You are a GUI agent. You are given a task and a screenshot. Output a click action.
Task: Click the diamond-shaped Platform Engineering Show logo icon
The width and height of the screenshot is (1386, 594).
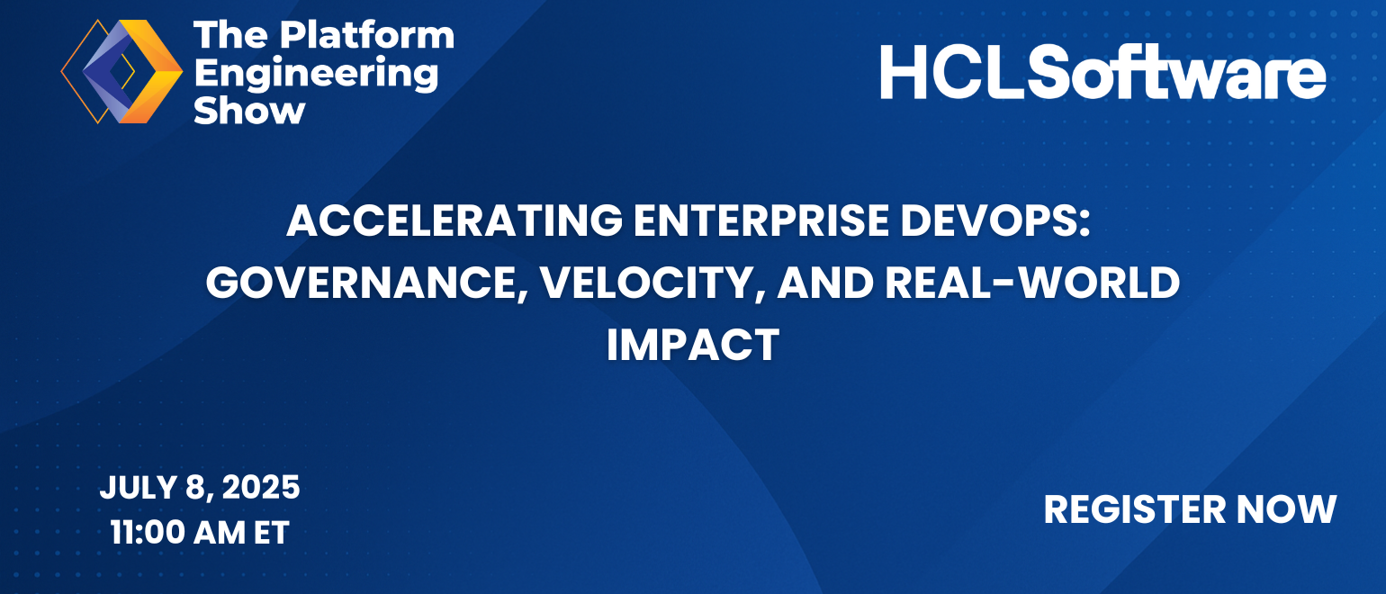(121, 71)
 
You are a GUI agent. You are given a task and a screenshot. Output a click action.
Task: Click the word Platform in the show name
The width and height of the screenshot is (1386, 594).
(367, 34)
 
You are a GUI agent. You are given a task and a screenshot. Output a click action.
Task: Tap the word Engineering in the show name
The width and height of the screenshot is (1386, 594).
(316, 74)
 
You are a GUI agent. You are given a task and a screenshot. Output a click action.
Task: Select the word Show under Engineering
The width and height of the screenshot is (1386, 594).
(249, 112)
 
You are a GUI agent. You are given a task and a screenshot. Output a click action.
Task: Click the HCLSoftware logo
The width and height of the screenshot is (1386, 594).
(1103, 72)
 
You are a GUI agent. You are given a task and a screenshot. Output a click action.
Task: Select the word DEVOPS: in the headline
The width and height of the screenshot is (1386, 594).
(994, 220)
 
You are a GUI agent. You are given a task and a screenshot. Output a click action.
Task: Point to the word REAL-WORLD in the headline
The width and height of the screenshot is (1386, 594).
(1032, 283)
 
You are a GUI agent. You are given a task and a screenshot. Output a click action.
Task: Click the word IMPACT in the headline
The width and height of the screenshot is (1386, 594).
(693, 345)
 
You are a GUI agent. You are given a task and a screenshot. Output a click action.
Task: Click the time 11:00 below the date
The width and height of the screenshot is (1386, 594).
(148, 533)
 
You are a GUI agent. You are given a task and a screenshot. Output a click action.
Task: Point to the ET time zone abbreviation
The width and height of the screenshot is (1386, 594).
(272, 533)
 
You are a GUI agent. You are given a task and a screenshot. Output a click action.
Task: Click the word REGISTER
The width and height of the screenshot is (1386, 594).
(1135, 509)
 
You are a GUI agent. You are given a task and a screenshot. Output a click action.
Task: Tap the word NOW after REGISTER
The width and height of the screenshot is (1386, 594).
(1286, 509)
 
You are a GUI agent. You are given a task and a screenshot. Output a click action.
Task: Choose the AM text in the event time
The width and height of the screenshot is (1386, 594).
(220, 533)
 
